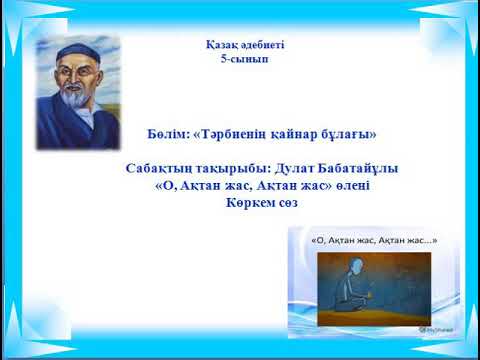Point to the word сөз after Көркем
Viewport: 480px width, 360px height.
click(x=288, y=203)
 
